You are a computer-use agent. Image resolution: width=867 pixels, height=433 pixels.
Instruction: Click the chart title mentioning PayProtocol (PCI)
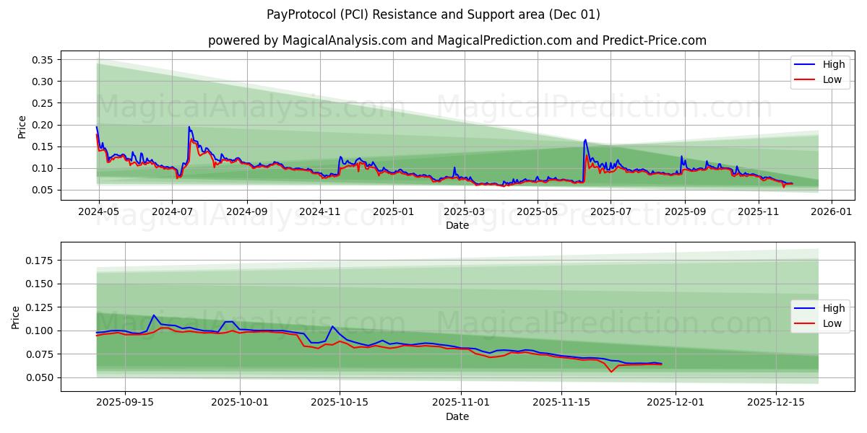pos(433,14)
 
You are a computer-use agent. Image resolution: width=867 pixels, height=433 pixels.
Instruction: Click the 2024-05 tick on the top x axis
pos(98,212)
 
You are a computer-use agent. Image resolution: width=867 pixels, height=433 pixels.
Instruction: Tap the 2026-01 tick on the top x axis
pos(832,212)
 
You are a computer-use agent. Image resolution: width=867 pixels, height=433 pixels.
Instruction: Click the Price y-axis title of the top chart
pos(22,127)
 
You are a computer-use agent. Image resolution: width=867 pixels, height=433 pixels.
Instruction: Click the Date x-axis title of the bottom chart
pos(457,416)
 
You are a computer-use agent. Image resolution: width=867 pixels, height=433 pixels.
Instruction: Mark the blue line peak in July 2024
pos(189,127)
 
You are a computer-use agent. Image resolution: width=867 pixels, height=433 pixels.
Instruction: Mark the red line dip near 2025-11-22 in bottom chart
pos(611,372)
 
